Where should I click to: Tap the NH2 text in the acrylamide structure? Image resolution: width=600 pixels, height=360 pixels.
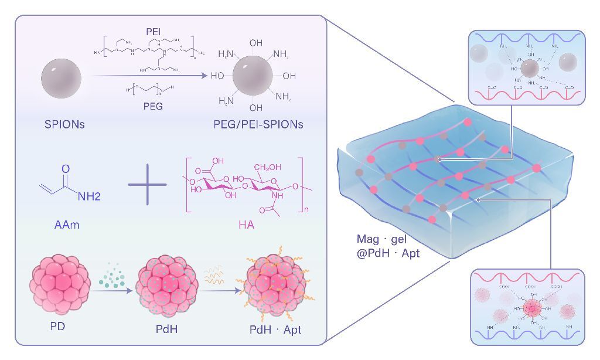pyautogui.click(x=88, y=196)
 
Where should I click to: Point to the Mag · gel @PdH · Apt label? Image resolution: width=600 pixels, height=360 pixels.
pyautogui.click(x=388, y=247)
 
